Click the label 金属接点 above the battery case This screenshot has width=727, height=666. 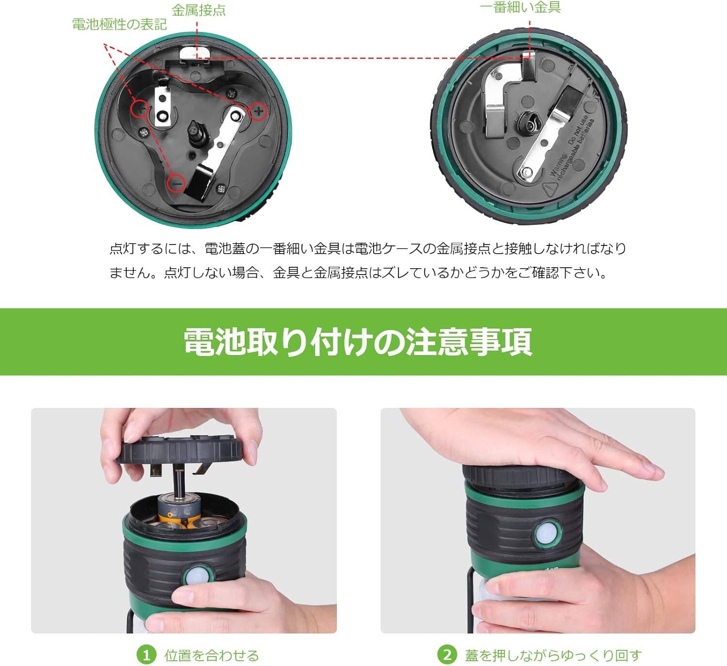coord(199,10)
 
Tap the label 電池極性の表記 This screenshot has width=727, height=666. coord(119,24)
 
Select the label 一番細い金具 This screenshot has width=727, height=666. coord(521,7)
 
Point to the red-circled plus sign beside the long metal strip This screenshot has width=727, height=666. coord(258,111)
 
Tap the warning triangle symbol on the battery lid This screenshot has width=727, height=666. coord(550,189)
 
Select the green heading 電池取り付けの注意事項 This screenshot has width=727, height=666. coord(358,341)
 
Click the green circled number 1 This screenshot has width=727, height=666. coord(146,655)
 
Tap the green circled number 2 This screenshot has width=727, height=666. coord(447,655)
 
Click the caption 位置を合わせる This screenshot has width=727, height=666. coord(212,655)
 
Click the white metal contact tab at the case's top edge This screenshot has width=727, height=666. coord(195,52)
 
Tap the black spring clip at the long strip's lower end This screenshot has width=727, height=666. coord(199,183)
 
